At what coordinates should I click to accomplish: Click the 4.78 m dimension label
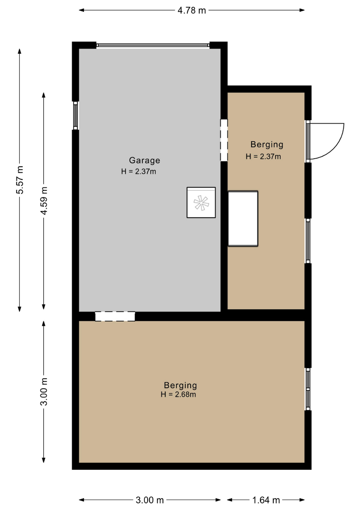[192, 10]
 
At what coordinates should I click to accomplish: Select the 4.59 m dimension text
[44, 201]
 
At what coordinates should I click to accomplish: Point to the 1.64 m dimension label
[266, 500]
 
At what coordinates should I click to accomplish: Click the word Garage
[144, 161]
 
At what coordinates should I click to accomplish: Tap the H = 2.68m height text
[178, 394]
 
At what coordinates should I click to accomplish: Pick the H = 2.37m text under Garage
[139, 171]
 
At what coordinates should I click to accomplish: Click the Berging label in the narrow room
[267, 144]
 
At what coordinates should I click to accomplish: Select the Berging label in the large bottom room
[180, 385]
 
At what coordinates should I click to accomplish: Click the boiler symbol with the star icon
[201, 203]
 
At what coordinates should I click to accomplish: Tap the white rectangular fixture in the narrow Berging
[243, 218]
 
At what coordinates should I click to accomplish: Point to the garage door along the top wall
[153, 45]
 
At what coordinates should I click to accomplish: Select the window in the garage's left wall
[75, 116]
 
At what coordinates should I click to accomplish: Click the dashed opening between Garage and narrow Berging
[224, 140]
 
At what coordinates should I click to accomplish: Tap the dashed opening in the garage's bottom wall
[115, 316]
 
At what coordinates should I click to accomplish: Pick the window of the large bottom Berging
[308, 389]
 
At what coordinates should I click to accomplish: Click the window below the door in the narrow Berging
[308, 241]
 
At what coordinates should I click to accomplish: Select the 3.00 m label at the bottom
[150, 500]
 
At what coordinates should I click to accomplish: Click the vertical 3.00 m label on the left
[44, 391]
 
